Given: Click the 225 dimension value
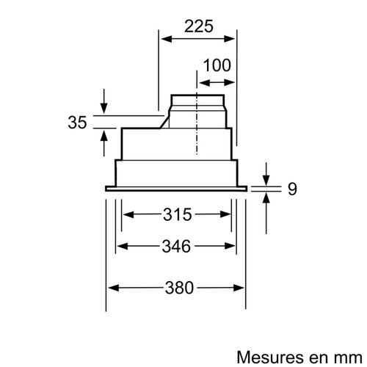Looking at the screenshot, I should [198, 26].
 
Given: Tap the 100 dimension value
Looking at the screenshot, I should [217, 65].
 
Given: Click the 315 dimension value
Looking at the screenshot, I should [177, 215].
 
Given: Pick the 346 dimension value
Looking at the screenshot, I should [177, 247].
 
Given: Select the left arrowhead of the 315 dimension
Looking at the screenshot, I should [126, 215].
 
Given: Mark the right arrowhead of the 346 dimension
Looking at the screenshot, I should [235, 247].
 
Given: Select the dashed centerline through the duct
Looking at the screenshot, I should [197, 125].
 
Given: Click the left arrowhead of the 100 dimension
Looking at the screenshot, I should [200, 77].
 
